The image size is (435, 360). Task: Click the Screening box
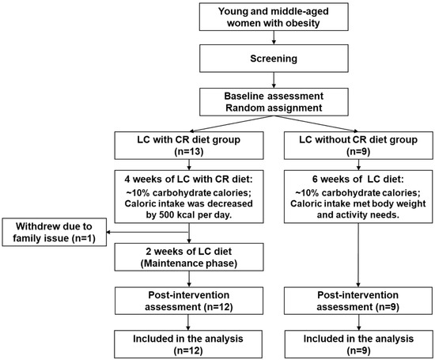(274, 59)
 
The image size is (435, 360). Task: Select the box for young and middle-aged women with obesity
(274, 17)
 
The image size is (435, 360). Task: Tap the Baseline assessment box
(274, 102)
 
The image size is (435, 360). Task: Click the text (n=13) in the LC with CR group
(189, 152)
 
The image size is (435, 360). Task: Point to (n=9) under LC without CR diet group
(358, 152)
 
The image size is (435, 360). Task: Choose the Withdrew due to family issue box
(55, 232)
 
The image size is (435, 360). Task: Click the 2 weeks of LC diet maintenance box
(189, 257)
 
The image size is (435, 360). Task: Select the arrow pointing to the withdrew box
(148, 233)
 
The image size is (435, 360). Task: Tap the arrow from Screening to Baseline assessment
(274, 80)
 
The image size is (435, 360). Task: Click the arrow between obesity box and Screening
(274, 37)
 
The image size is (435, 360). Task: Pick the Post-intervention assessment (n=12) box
(189, 301)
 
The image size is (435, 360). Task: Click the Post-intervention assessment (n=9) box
(358, 301)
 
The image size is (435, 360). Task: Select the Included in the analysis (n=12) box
(188, 344)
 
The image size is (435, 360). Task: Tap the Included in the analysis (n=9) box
(358, 344)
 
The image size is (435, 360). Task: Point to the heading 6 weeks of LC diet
(357, 180)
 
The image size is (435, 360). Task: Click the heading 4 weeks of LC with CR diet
(189, 180)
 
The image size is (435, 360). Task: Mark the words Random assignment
(274, 108)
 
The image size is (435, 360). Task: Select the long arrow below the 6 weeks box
(358, 255)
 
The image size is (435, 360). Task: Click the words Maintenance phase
(189, 263)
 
